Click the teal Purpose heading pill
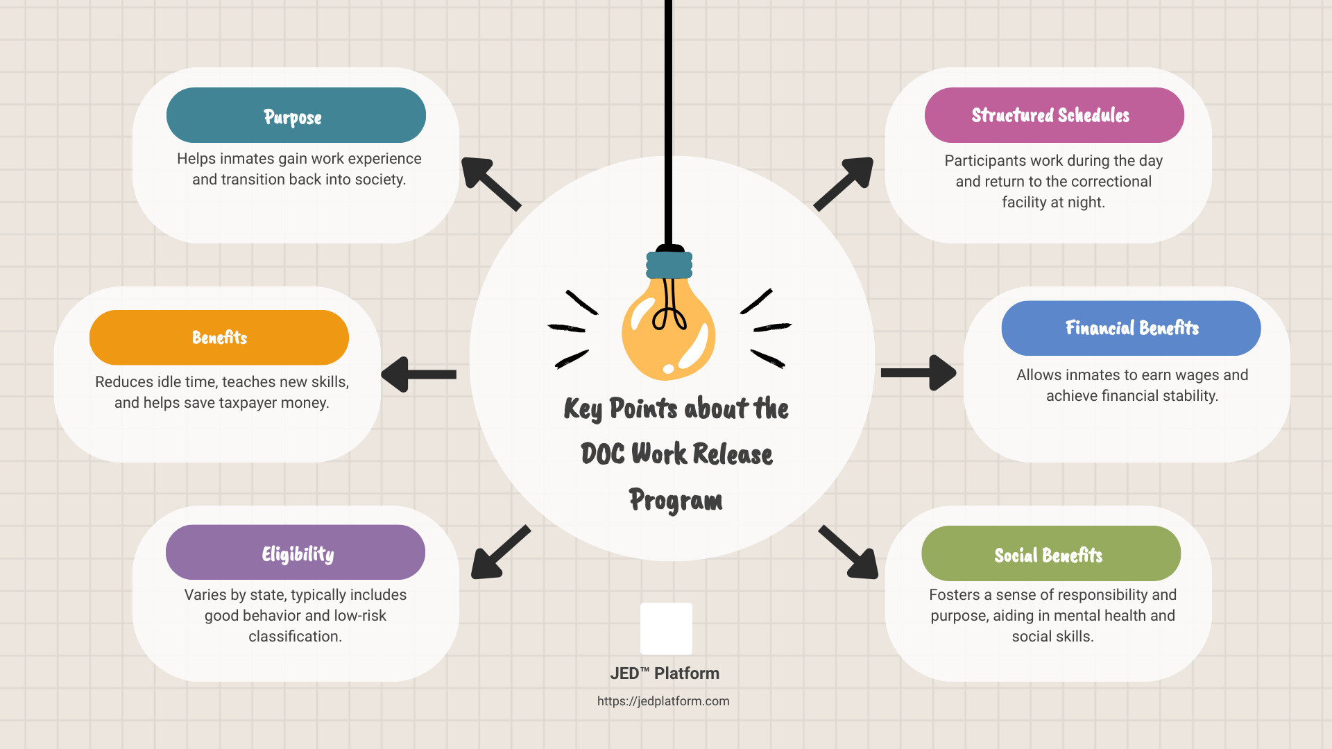(296, 115)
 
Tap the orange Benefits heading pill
(219, 338)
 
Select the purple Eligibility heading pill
(296, 553)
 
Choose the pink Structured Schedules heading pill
(1054, 115)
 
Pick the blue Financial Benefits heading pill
(1131, 328)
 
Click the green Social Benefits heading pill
(1050, 554)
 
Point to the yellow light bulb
(667, 329)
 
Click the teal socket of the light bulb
(669, 264)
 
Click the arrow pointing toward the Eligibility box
(499, 553)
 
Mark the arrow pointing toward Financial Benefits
(919, 373)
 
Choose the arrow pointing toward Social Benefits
(850, 553)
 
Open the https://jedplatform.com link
(663, 701)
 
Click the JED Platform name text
(665, 673)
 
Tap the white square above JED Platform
(666, 628)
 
